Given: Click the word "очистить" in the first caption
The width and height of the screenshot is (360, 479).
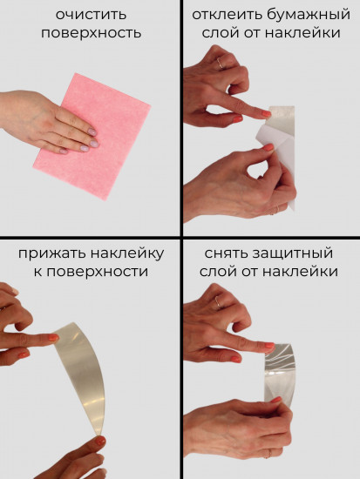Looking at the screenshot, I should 90,16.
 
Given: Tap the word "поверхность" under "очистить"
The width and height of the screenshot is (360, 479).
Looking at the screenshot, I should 90,33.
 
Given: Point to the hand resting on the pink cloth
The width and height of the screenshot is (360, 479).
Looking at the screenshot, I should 52,122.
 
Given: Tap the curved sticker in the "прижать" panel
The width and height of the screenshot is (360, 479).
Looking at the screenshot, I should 83,366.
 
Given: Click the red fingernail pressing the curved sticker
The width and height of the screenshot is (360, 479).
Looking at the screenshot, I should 53,338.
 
